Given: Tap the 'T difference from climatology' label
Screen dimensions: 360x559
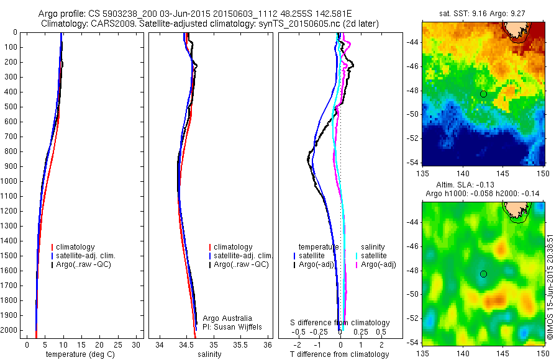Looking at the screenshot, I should coord(339,354).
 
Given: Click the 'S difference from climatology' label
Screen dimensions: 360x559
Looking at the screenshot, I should coord(340,323).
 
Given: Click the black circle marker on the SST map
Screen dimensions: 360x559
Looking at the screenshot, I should coord(483,94).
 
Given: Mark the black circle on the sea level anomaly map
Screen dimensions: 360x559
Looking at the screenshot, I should coord(483,274).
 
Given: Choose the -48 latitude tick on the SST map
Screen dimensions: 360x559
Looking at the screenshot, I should coord(412,91).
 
